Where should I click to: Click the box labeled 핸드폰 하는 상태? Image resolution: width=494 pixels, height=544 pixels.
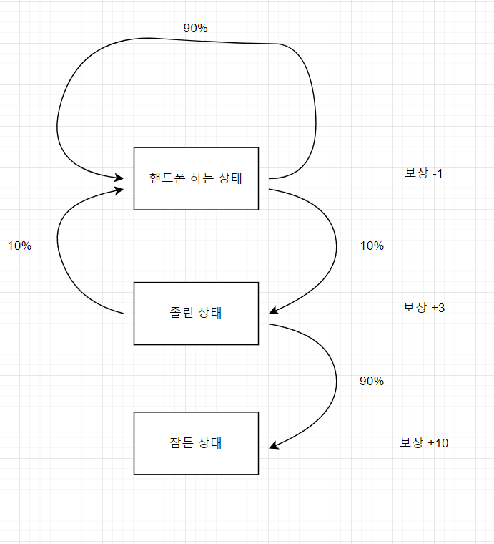pos(196,178)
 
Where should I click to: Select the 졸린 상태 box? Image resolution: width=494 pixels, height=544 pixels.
pos(196,313)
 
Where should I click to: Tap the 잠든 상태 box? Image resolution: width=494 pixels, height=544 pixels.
pos(196,442)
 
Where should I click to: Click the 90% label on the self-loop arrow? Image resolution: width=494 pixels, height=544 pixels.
pos(195,28)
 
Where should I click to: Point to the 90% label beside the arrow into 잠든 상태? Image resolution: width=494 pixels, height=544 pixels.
pos(372,381)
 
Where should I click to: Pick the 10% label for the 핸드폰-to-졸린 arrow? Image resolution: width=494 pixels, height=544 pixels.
pos(372,246)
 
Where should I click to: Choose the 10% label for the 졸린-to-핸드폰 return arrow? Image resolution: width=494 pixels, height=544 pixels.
pos(19,246)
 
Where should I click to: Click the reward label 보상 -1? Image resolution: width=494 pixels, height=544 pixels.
pos(424,173)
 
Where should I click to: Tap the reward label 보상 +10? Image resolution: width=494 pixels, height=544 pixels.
pos(424,443)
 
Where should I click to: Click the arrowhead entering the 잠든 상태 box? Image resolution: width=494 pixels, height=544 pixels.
pos(274,447)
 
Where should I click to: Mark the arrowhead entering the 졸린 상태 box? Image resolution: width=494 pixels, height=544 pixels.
pos(274,311)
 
